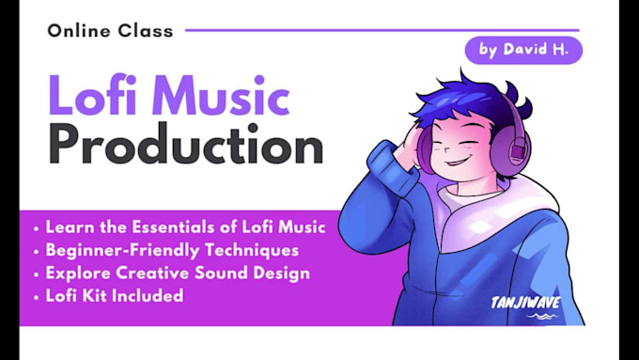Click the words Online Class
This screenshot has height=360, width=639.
(111, 30)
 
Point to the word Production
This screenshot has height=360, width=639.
(185, 147)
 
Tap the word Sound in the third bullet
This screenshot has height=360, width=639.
(232, 273)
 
